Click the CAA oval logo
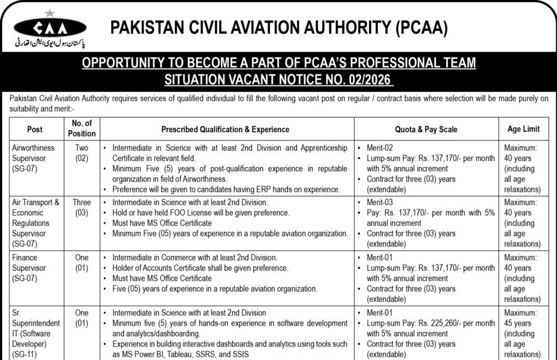50,28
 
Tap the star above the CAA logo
50,12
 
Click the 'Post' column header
35,129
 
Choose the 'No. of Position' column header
82,128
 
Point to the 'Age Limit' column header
523,129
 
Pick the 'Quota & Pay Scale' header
426,129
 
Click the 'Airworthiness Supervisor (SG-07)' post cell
35,158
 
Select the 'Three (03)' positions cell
82,207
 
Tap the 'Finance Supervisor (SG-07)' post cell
33,268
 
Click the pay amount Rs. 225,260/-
459,323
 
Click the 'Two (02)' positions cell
82,153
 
